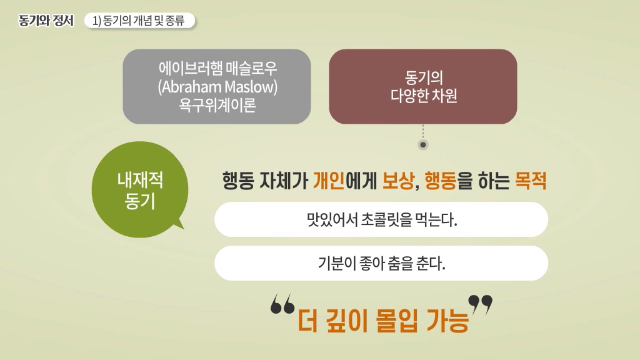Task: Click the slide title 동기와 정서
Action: pyautogui.click(x=46, y=21)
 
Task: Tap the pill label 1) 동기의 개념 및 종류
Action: pyautogui.click(x=139, y=21)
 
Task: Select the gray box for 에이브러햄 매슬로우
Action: pyautogui.click(x=217, y=86)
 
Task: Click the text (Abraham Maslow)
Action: pyautogui.click(x=217, y=86)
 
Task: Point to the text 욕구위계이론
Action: pyautogui.click(x=217, y=105)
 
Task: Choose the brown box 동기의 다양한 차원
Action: pyautogui.click(x=423, y=86)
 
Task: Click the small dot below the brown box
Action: pyautogui.click(x=423, y=144)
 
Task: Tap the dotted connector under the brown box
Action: pyautogui.click(x=423, y=132)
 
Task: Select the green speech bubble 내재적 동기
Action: pyautogui.click(x=140, y=189)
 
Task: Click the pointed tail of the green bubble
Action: pyautogui.click(x=183, y=228)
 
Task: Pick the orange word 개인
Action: pyautogui.click(x=329, y=181)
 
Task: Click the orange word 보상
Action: pyautogui.click(x=397, y=181)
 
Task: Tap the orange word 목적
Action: pyautogui.click(x=531, y=181)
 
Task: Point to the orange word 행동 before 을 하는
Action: pyautogui.click(x=441, y=181)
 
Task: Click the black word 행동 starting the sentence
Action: pyautogui.click(x=238, y=181)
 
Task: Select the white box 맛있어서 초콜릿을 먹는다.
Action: pyautogui.click(x=381, y=219)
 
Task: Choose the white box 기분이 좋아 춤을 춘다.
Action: pyautogui.click(x=381, y=263)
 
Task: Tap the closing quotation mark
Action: pyautogui.click(x=481, y=305)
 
